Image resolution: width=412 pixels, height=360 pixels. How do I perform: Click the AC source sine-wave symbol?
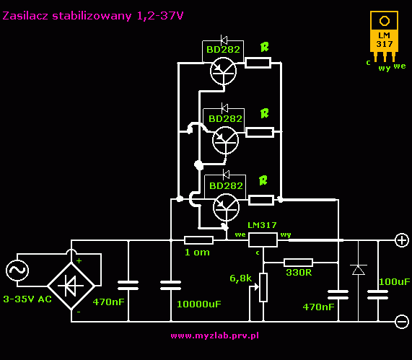pyautogui.click(x=17, y=271)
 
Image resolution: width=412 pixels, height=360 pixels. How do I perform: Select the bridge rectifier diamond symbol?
pyautogui.click(x=71, y=286)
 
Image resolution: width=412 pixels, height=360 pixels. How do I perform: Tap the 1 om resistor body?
pyautogui.click(x=198, y=240)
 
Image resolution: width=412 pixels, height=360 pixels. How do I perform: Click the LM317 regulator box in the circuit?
pyautogui.click(x=263, y=240)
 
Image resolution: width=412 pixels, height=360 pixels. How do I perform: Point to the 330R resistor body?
pyautogui.click(x=298, y=263)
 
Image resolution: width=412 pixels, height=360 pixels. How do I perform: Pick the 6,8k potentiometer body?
pyautogui.click(x=263, y=287)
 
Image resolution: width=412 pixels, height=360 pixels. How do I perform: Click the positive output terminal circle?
pyautogui.click(x=402, y=240)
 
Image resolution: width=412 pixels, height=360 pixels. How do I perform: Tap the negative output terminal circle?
pyautogui.click(x=402, y=321)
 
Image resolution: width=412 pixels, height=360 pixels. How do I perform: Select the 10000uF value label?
pyautogui.click(x=199, y=304)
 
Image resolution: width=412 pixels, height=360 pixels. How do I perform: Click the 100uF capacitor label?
pyautogui.click(x=395, y=282)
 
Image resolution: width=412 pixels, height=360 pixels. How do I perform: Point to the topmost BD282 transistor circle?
pyautogui.click(x=224, y=71)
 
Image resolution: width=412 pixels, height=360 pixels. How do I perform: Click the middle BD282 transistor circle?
pyautogui.click(x=225, y=140)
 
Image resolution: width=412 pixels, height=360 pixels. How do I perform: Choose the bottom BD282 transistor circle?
pyautogui.click(x=227, y=207)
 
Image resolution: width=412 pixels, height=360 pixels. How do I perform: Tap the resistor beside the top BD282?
pyautogui.click(x=258, y=63)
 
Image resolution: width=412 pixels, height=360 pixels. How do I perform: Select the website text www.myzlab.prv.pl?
pyautogui.click(x=215, y=335)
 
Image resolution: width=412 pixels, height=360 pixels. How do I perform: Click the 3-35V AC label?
pyautogui.click(x=27, y=299)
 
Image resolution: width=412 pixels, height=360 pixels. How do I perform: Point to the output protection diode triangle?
pyautogui.click(x=359, y=270)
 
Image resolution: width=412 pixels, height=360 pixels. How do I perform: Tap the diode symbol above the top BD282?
pyautogui.click(x=224, y=40)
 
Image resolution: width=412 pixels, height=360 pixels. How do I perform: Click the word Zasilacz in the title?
pyautogui.click(x=25, y=16)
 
